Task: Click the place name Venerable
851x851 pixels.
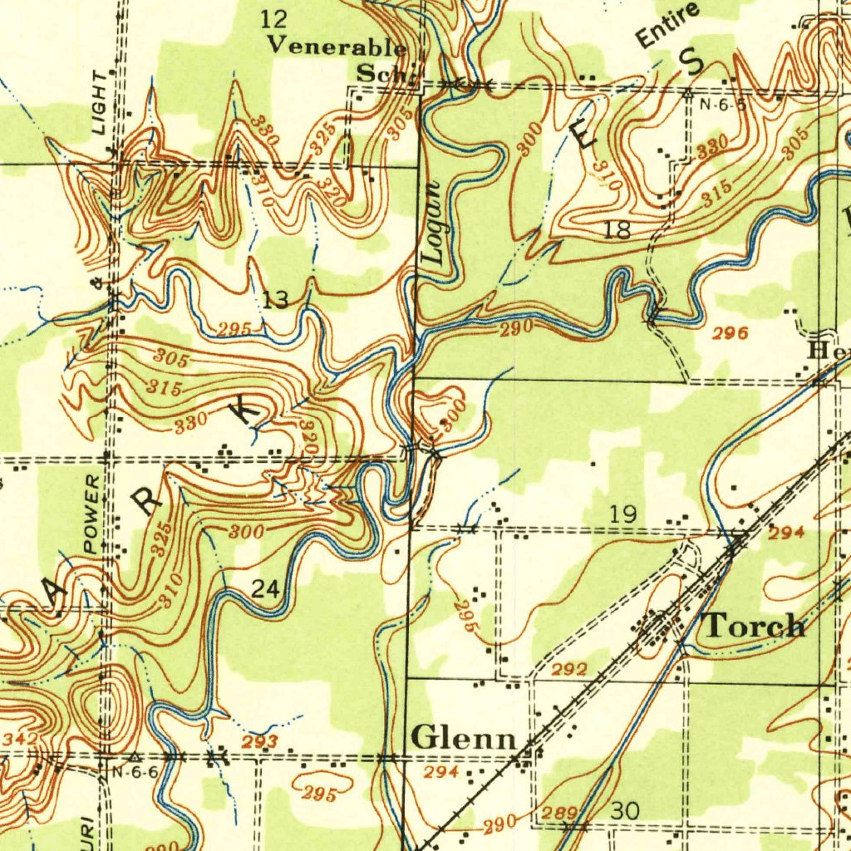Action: tap(336, 47)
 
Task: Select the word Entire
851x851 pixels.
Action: tap(667, 25)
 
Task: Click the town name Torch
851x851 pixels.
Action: tap(755, 625)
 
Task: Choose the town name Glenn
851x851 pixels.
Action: tap(464, 736)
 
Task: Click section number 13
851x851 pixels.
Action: tap(275, 299)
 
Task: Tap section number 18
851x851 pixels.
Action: tap(617, 231)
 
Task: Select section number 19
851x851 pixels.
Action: tap(623, 515)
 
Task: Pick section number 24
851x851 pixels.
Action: tap(266, 589)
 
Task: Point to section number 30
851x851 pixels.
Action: tap(624, 809)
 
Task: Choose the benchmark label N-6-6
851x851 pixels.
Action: tap(134, 772)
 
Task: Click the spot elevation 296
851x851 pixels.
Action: tap(729, 334)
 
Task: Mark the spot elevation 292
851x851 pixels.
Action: tap(570, 669)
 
